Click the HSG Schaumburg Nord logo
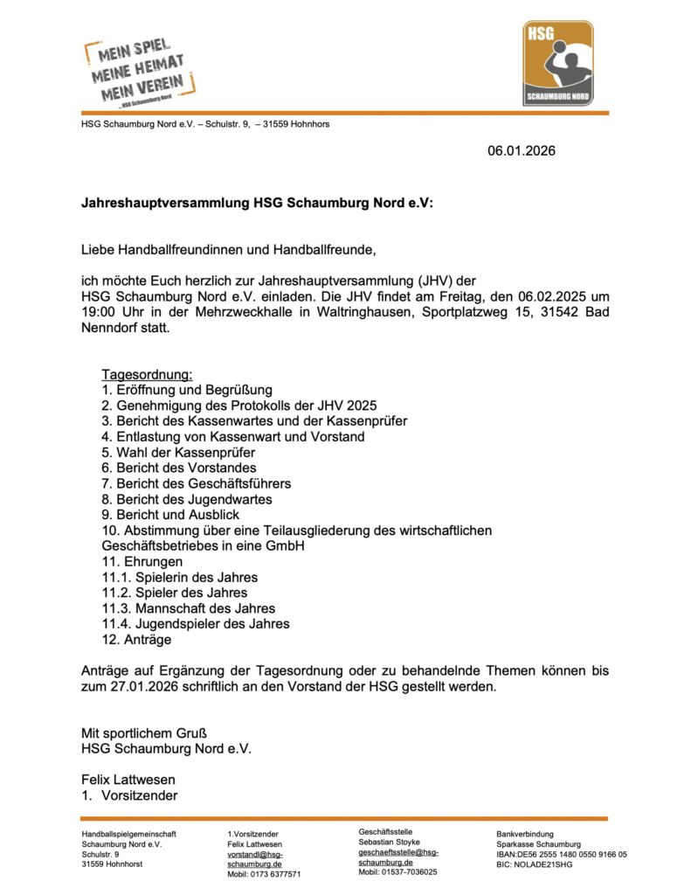tap(558, 63)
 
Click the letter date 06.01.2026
tap(521, 151)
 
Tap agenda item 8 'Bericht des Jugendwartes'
tap(186, 500)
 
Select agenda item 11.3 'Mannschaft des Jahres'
tap(188, 608)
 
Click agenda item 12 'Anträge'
tap(136, 640)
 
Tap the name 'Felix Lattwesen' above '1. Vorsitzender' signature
tap(128, 779)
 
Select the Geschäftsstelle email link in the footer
tap(398, 857)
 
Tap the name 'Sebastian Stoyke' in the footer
tap(390, 842)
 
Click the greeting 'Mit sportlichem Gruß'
tap(144, 732)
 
